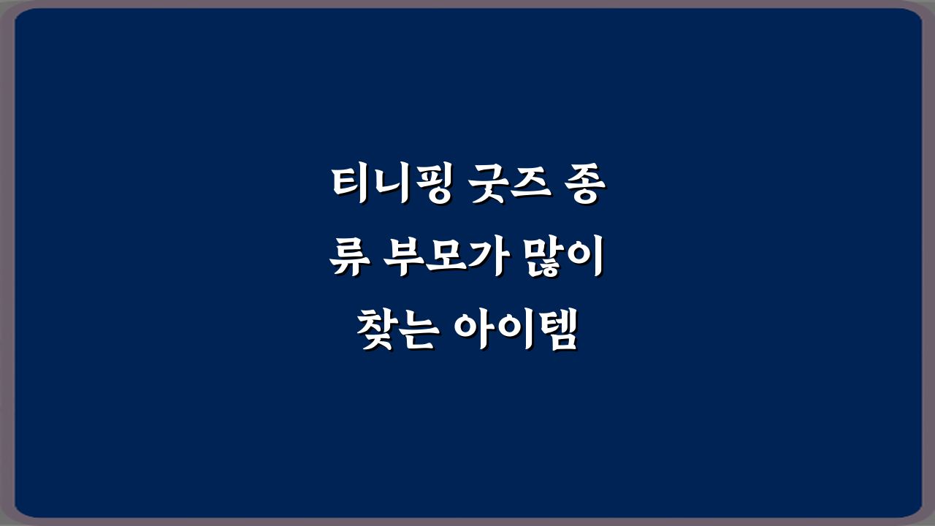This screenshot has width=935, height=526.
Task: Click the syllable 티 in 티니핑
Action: (x=348, y=186)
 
